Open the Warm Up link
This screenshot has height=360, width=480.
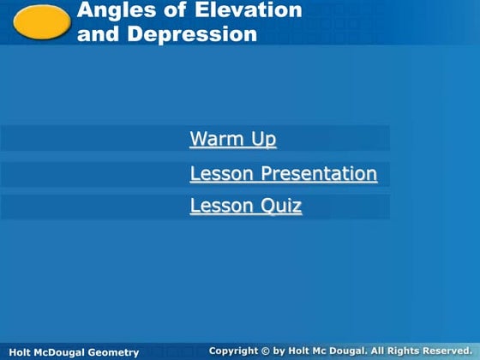pos(232,139)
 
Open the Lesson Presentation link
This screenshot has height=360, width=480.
pos(283,174)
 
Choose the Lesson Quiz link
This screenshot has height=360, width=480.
pos(245,206)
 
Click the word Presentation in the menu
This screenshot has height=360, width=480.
pos(319,174)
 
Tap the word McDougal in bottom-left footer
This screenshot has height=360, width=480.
pos(57,352)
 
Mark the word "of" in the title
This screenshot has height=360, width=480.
pos(183,11)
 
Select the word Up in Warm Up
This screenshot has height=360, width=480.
pos(264,139)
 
